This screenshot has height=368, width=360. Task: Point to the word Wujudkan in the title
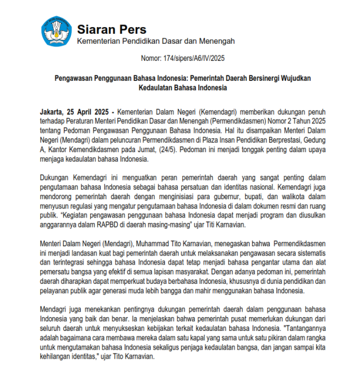tap(296, 78)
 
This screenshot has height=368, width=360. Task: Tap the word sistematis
tap(308, 252)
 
